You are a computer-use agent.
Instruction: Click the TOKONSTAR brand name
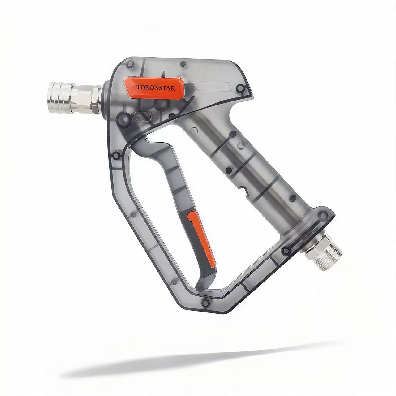click(x=156, y=88)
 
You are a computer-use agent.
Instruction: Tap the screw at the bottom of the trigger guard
click(x=204, y=302)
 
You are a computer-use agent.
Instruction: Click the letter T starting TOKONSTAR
click(x=138, y=88)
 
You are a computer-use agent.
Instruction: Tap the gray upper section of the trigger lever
click(x=173, y=173)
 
